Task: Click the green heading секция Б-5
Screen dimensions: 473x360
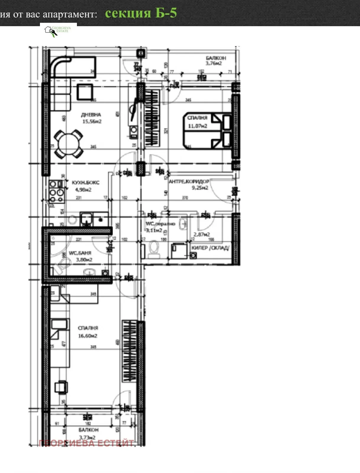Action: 141,13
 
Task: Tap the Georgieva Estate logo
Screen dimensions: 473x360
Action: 58,30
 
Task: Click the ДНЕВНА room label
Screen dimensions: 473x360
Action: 91,115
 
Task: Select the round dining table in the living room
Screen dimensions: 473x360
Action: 69,144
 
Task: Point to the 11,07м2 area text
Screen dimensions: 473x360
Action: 198,126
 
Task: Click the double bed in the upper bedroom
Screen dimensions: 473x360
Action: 207,130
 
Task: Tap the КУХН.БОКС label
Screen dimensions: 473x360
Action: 85,182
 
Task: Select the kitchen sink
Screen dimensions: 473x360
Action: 86,220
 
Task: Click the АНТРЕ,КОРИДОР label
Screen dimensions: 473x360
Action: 189,181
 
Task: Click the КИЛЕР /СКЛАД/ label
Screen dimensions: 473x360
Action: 210,248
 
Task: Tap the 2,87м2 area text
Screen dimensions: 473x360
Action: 202,234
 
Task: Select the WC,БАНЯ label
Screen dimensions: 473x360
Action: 80,253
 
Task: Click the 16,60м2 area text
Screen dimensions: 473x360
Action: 88,336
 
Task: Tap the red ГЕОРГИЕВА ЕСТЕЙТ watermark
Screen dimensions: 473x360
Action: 86,443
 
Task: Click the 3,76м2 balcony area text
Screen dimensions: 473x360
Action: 214,63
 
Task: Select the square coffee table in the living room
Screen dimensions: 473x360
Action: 85,92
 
